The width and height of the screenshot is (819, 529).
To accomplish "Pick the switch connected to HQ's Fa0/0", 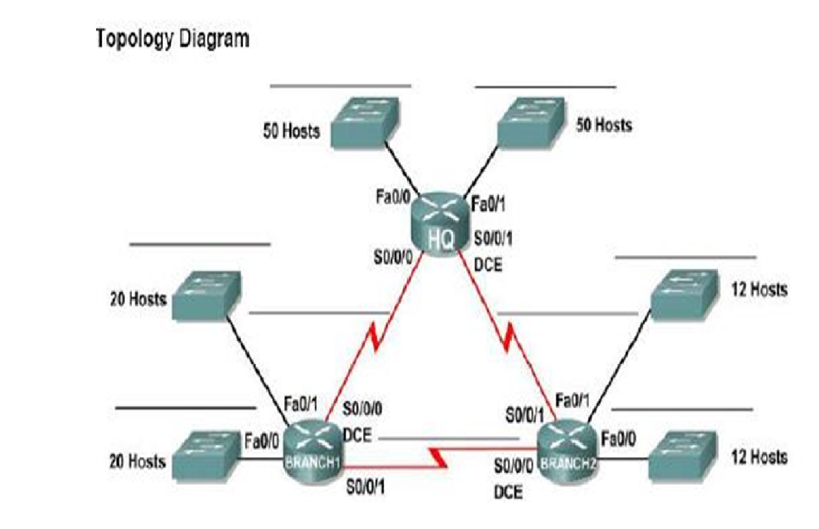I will pos(365,123).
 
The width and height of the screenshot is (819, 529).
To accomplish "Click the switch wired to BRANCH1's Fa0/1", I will pos(206,295).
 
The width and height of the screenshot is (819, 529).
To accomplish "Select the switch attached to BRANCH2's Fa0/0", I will pos(683,455).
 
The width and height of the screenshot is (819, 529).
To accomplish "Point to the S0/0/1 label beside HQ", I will pos(493,239).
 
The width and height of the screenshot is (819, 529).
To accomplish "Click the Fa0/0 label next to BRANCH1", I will pos(261,442).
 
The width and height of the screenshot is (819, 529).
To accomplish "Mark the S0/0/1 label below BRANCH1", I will pos(365,487).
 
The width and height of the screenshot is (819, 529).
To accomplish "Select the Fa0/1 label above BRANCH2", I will pos(572,400).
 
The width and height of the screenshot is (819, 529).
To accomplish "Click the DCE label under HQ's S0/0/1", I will pos(488,264).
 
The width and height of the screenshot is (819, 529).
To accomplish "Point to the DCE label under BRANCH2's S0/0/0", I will pos(508,492).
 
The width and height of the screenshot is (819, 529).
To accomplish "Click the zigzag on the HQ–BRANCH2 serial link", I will pos(509,337).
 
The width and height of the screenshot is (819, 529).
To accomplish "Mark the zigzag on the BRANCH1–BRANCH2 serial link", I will pos(438,457).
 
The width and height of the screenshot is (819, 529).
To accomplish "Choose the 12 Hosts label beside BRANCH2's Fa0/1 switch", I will pos(758,290).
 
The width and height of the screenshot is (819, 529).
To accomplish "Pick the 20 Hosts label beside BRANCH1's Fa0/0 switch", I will pos(138,462).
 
